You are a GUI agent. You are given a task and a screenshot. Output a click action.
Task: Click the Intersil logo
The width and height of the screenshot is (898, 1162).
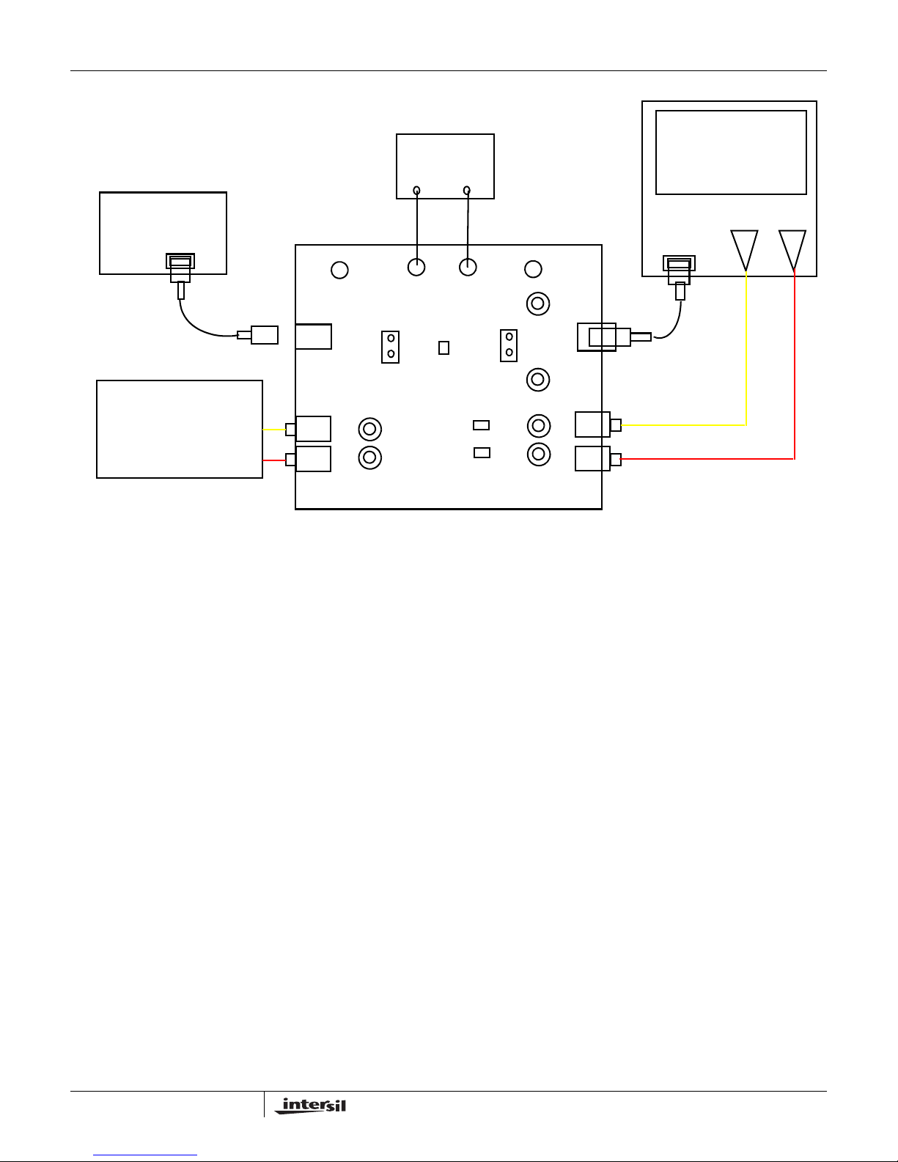click(x=311, y=1106)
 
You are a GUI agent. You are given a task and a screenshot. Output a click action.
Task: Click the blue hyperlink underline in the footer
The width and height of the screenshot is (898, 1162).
click(x=145, y=1155)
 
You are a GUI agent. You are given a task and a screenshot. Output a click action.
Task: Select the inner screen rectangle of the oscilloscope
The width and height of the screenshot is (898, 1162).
click(x=731, y=152)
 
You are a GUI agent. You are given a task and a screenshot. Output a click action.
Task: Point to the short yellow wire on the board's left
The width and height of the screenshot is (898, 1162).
click(x=274, y=430)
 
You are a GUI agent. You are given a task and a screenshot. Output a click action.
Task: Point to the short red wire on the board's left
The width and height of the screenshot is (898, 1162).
click(x=274, y=460)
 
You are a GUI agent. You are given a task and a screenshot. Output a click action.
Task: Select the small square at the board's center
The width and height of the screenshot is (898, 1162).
click(x=444, y=348)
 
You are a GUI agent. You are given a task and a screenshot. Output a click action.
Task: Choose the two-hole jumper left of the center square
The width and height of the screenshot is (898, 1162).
click(x=390, y=347)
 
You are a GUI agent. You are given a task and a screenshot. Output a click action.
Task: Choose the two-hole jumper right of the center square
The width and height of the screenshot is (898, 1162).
click(x=509, y=345)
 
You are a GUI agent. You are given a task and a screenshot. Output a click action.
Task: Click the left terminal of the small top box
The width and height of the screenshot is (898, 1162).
click(x=417, y=191)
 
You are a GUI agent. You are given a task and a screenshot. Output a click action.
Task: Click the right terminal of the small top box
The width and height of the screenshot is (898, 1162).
click(x=467, y=191)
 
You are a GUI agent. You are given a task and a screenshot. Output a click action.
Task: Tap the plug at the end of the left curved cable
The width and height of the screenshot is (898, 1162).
click(x=258, y=335)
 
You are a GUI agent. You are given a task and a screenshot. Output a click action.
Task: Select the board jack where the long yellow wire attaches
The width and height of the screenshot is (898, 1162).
click(x=598, y=424)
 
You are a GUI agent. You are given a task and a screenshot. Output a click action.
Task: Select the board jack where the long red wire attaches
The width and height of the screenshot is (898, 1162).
click(x=598, y=458)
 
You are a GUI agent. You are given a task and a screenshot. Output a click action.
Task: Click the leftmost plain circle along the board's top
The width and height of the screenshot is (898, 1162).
click(x=339, y=270)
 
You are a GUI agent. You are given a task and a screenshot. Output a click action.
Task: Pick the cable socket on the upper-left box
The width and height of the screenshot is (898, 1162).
click(x=180, y=261)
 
